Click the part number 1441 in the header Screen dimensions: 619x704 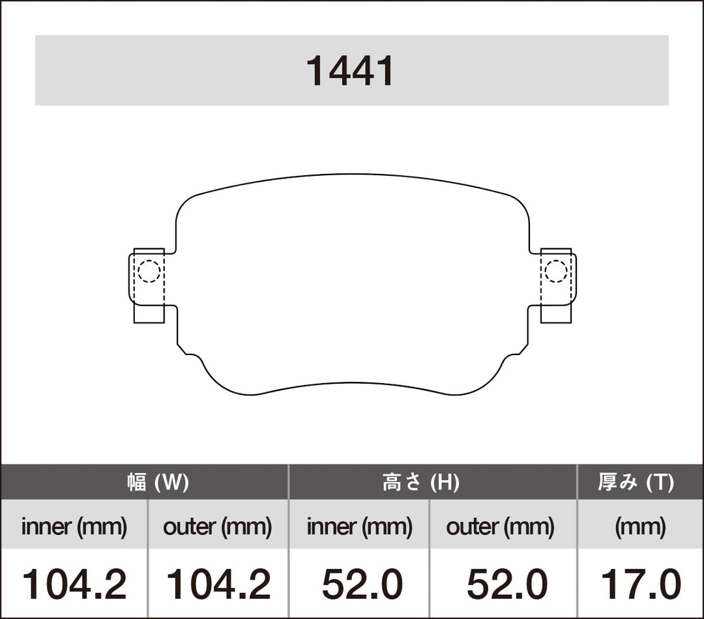pyautogui.click(x=351, y=71)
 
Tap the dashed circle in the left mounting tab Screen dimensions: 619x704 pyautogui.click(x=149, y=271)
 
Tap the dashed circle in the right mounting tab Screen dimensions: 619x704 pyautogui.click(x=556, y=271)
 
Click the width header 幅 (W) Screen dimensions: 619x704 pyautogui.click(x=158, y=483)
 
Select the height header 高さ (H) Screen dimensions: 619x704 pyautogui.click(x=420, y=483)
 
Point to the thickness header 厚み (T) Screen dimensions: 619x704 pyautogui.click(x=636, y=483)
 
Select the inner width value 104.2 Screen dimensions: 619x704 pyautogui.click(x=74, y=584)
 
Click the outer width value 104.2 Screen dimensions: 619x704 pyautogui.click(x=218, y=584)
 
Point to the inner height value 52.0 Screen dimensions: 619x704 pyautogui.click(x=362, y=584)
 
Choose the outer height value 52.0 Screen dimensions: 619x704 pyautogui.click(x=506, y=584)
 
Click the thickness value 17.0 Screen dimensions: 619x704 pyautogui.click(x=641, y=584)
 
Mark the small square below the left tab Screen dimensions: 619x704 pyautogui.click(x=149, y=313)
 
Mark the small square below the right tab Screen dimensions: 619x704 pyautogui.click(x=556, y=313)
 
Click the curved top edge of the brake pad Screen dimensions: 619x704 pyautogui.click(x=352, y=175)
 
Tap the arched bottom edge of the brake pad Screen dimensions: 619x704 pyautogui.click(x=352, y=382)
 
